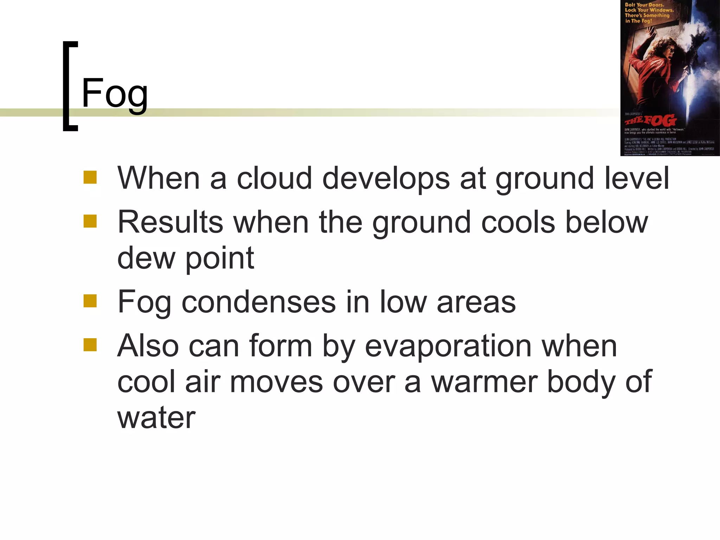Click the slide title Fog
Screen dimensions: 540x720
coord(115,94)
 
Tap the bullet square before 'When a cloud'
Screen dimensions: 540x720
coord(90,177)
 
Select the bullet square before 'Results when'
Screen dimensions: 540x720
coord(90,221)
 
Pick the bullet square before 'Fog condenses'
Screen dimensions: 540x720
coord(90,301)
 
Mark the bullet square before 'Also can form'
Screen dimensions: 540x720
coord(90,345)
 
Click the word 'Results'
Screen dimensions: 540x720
coord(170,222)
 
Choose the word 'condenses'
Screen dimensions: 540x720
coord(259,302)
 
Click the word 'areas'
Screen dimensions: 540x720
coord(476,302)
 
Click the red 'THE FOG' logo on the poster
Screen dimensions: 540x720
coord(650,121)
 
